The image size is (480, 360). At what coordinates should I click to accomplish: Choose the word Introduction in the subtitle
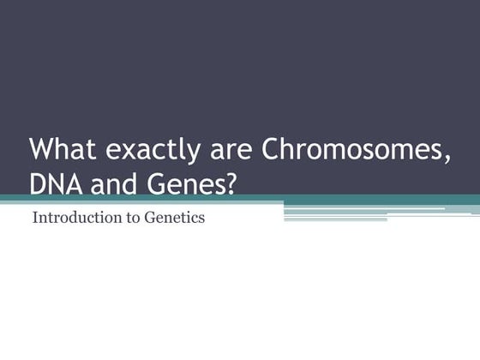click(x=73, y=218)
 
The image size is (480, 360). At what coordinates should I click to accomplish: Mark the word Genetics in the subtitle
click(x=175, y=218)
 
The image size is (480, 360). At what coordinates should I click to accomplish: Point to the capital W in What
click(x=41, y=149)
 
